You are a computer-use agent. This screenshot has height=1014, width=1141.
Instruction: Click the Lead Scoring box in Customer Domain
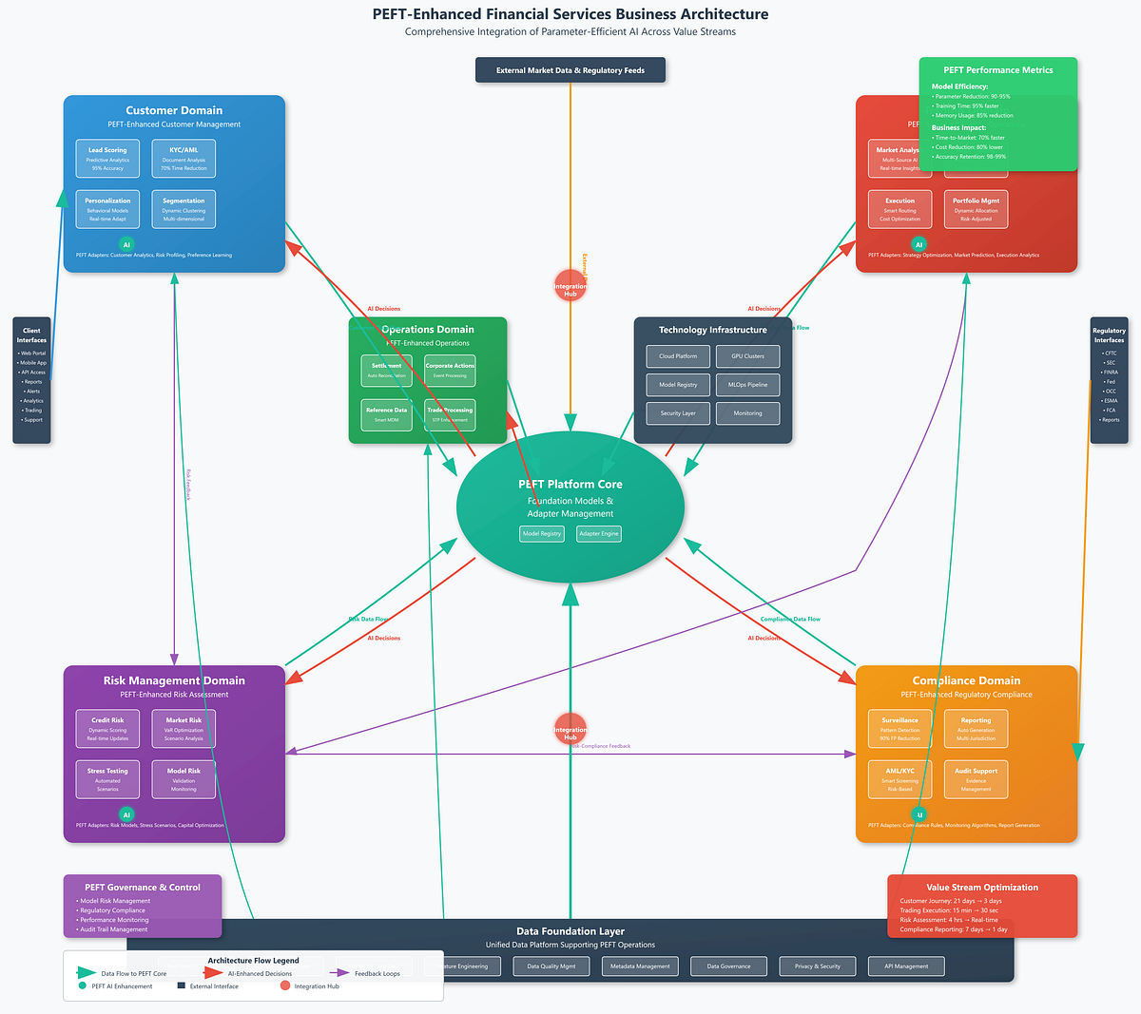[107, 159]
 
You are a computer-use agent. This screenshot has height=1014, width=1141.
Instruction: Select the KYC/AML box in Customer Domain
[184, 159]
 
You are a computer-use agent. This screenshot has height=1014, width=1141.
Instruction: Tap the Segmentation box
[184, 209]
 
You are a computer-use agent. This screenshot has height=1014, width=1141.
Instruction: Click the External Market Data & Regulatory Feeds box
[570, 70]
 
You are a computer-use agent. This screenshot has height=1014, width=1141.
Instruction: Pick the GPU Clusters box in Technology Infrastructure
[747, 356]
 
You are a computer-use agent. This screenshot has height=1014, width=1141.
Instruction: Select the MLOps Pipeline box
[747, 385]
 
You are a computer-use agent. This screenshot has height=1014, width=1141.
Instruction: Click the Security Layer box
[678, 413]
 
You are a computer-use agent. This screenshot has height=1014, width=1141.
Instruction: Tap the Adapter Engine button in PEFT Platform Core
[598, 533]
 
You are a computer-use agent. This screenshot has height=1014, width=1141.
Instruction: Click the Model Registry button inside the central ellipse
[542, 533]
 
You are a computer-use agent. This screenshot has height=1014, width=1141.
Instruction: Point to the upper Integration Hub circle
[570, 285]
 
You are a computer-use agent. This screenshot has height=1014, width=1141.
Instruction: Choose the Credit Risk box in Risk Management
[107, 729]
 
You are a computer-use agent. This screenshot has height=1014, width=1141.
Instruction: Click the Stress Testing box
[107, 779]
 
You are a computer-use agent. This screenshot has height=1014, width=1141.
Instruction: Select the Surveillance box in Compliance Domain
[899, 729]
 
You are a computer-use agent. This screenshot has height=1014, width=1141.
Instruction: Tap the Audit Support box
[976, 779]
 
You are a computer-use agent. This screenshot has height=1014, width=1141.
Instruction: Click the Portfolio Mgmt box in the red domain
[976, 209]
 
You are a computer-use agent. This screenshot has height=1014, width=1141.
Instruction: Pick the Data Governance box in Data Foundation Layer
[728, 966]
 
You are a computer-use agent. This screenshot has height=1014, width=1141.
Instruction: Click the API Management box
[905, 966]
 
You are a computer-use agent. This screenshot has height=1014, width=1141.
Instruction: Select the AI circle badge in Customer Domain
[126, 244]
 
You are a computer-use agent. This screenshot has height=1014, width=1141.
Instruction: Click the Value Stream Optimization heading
[982, 887]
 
